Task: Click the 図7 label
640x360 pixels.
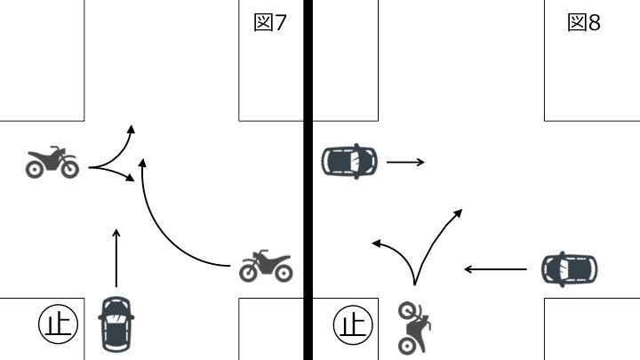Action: click(270, 23)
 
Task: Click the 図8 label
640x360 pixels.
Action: click(584, 23)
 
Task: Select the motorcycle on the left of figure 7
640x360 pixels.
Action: click(52, 162)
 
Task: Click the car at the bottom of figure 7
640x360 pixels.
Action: click(116, 322)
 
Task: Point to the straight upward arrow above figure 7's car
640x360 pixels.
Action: click(116, 257)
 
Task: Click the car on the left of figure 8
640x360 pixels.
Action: click(348, 161)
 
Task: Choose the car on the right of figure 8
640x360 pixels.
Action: click(569, 268)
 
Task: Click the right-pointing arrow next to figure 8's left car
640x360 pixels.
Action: click(405, 162)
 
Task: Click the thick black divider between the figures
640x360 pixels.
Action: click(308, 178)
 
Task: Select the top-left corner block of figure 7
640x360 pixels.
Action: click(42, 60)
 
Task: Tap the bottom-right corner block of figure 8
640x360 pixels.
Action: click(592, 328)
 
